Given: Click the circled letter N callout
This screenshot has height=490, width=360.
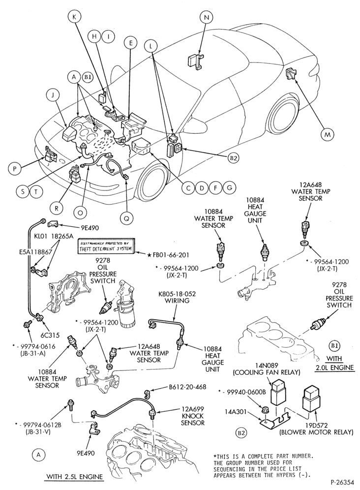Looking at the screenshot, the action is click(x=206, y=17).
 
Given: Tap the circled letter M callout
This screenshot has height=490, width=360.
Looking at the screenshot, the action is click(x=327, y=135).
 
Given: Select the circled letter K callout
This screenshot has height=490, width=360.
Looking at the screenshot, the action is click(x=74, y=17).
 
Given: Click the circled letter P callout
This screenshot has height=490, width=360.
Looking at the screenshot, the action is click(x=15, y=169).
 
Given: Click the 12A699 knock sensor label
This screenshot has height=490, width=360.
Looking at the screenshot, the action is click(x=192, y=416).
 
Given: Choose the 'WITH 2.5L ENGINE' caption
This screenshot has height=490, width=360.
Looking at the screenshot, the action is click(x=74, y=477).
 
